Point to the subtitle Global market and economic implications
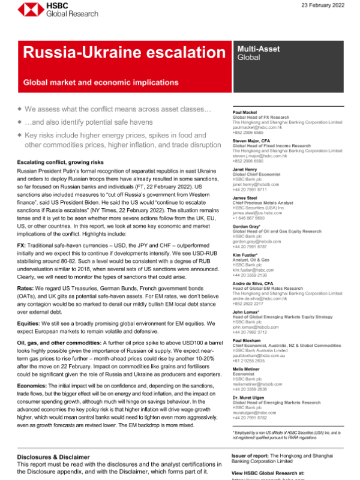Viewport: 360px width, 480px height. tap(109, 82)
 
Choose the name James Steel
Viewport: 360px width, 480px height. tap(245, 199)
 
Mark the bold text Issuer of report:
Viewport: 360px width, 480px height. tap(251, 457)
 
